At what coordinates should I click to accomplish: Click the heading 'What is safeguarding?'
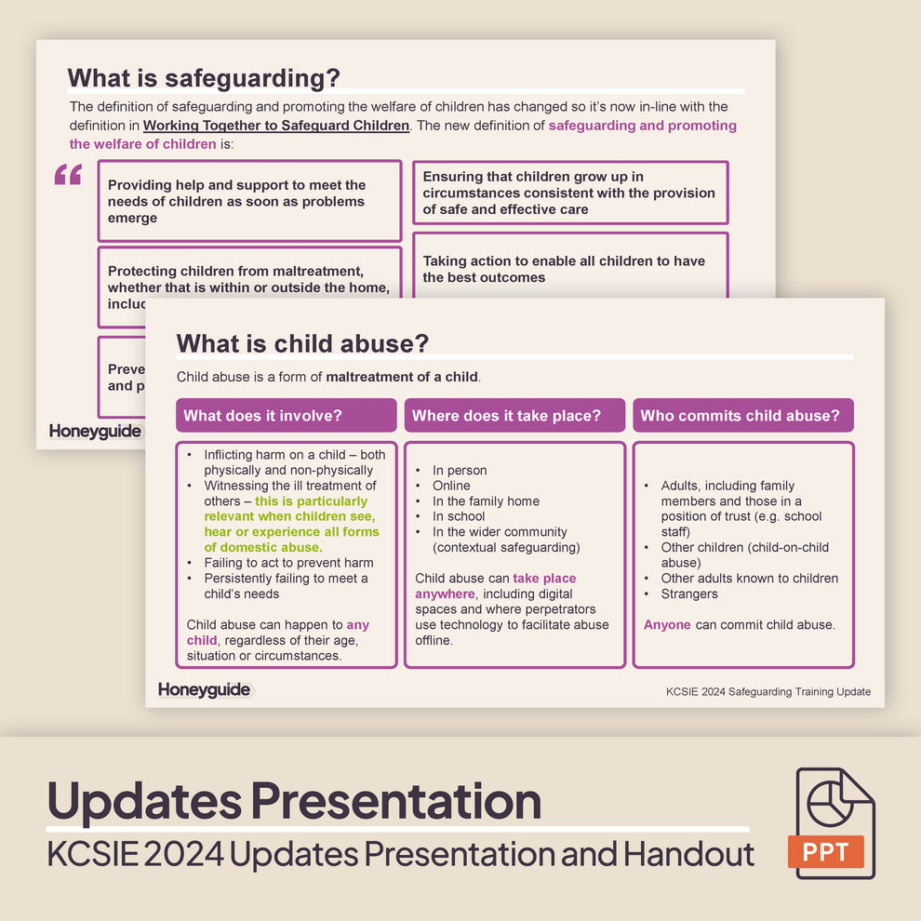point(204,77)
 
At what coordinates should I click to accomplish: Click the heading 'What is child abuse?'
point(302,343)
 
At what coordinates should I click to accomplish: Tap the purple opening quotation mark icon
point(68,174)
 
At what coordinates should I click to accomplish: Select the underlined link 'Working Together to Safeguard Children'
point(275,126)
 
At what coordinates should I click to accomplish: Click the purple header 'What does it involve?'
point(262,416)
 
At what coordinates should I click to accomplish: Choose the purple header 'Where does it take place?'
point(506,416)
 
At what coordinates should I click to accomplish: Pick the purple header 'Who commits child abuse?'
point(740,416)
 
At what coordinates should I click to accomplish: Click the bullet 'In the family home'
point(486,501)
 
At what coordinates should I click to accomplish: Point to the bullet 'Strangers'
point(689,594)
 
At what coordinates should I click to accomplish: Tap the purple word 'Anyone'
point(667,625)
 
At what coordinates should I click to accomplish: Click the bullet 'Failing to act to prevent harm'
point(288,563)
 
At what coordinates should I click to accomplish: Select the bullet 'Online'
point(451,486)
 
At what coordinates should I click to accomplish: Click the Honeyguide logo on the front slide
point(205,689)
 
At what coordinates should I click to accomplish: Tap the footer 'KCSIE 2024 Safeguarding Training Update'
point(768,691)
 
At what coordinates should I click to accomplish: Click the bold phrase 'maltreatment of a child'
point(401,377)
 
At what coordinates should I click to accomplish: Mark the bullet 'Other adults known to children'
point(749,579)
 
